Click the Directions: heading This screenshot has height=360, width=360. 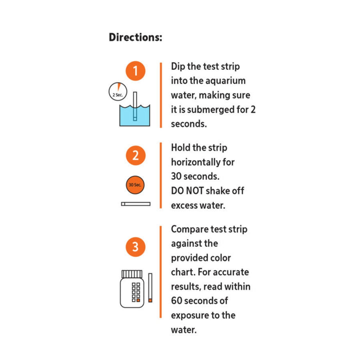[x=135, y=37]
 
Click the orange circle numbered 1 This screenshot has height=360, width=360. [x=135, y=71]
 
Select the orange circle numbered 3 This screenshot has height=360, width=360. [x=135, y=247]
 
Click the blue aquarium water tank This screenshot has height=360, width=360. [x=135, y=115]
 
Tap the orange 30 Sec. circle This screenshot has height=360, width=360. [x=135, y=184]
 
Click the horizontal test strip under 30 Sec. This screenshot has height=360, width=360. [x=135, y=203]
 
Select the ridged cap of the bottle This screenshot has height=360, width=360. [x=132, y=273]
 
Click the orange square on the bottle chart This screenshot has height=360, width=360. [x=138, y=300]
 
